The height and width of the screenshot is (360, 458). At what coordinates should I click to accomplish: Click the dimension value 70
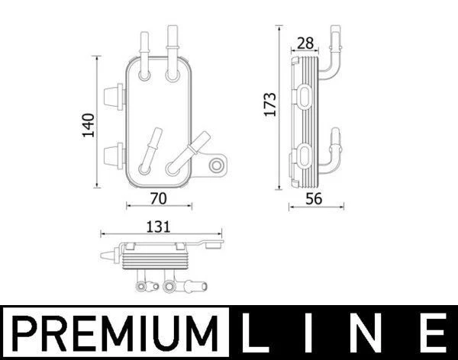pos(159,198)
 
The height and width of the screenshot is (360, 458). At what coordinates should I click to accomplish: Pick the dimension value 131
pos(159,227)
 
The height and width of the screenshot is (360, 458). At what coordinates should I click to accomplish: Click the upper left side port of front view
pos(112,95)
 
